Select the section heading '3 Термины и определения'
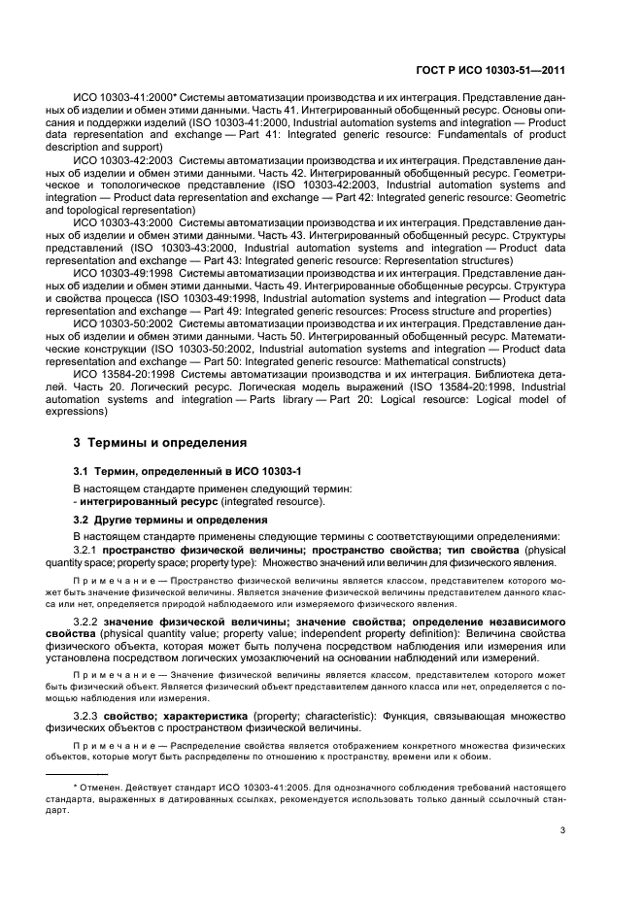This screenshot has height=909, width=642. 160,443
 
